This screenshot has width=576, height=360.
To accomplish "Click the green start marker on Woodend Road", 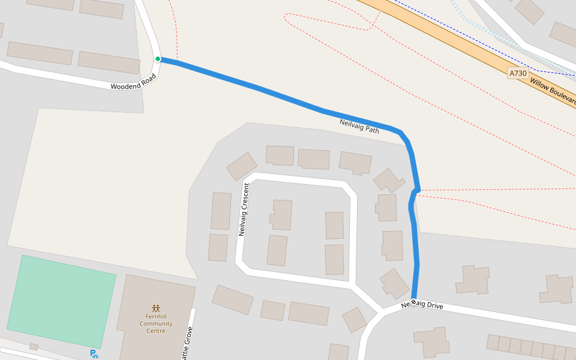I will [x=158, y=59].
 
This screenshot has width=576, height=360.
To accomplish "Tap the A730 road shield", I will [x=517, y=73].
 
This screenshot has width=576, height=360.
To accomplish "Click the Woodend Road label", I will [x=133, y=82].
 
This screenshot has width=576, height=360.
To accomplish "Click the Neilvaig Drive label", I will [x=422, y=305].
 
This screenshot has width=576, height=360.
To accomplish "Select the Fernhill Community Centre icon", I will [x=156, y=308].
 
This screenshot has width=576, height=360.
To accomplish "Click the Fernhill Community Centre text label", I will [x=156, y=323].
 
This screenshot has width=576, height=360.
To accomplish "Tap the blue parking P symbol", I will [x=94, y=354].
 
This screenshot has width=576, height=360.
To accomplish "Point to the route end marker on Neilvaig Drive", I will [x=413, y=301].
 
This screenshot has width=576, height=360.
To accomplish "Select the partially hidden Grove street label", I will [x=188, y=343].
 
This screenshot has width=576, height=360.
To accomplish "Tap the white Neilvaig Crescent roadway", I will [x=300, y=180].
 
